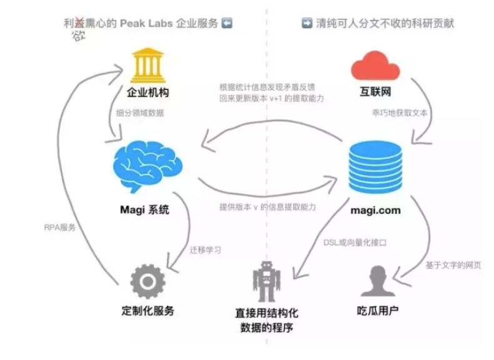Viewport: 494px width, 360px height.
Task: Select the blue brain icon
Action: [148, 165]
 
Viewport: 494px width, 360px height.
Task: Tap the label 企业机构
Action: [148, 94]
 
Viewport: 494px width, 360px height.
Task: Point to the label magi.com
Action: [374, 210]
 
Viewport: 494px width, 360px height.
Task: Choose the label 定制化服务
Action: [148, 311]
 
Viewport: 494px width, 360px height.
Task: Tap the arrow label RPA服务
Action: [59, 227]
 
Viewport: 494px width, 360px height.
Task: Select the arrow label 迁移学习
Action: [204, 249]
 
